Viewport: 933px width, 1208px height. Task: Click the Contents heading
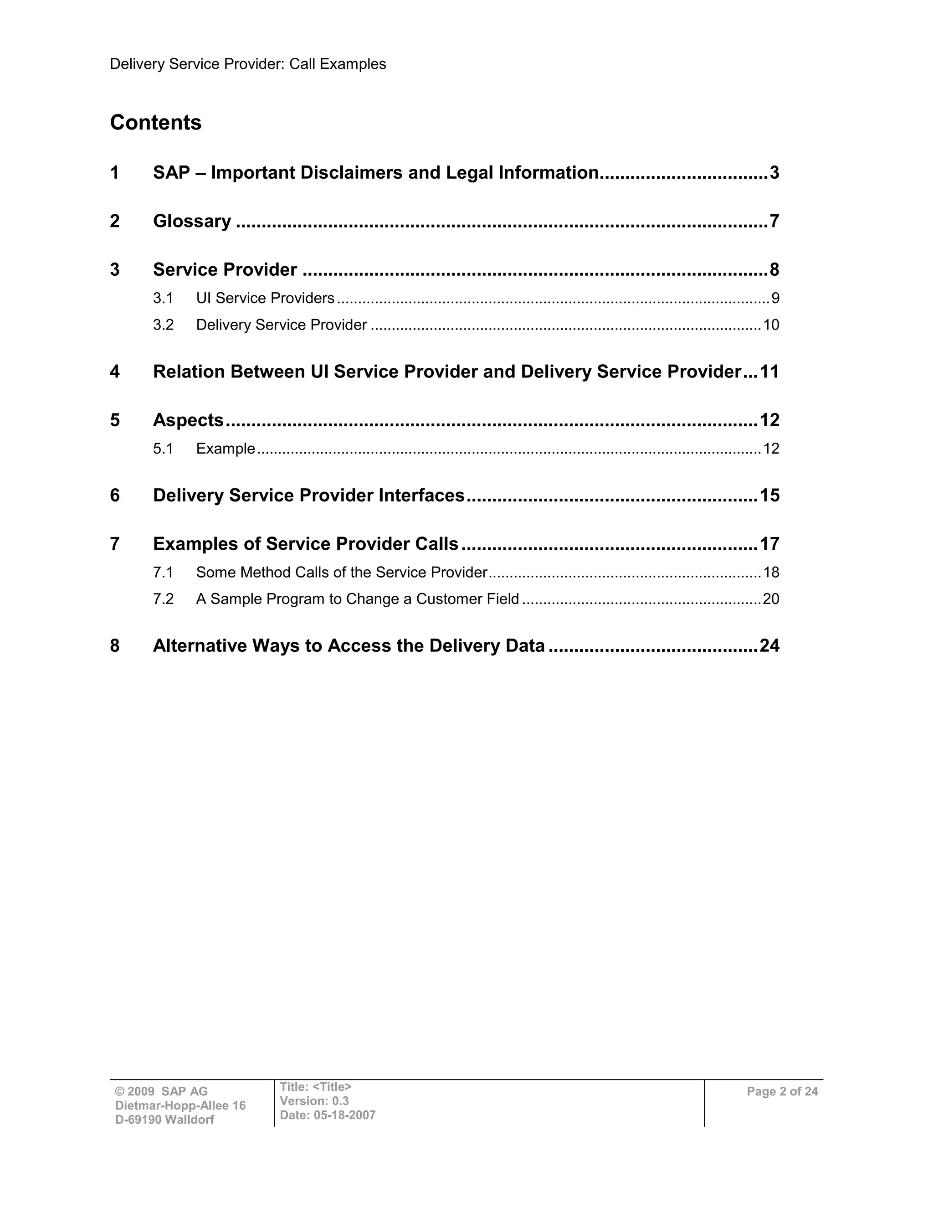pyautogui.click(x=155, y=122)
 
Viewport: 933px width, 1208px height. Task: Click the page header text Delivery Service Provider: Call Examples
pyautogui.click(x=248, y=64)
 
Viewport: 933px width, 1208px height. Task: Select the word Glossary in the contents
pyautogui.click(x=192, y=221)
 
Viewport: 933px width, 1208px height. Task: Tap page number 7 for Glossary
pyautogui.click(x=774, y=221)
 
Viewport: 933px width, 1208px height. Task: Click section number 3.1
pyautogui.click(x=163, y=298)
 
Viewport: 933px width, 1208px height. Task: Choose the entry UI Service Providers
pyautogui.click(x=265, y=298)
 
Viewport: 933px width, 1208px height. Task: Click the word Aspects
pyautogui.click(x=188, y=420)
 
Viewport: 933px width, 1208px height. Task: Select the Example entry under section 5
pyautogui.click(x=226, y=448)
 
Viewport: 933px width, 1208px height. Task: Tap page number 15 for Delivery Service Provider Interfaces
pyautogui.click(x=769, y=495)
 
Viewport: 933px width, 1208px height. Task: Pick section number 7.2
pyautogui.click(x=163, y=599)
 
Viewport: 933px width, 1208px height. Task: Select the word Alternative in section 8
pyautogui.click(x=200, y=645)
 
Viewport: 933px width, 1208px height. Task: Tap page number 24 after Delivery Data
pyautogui.click(x=769, y=645)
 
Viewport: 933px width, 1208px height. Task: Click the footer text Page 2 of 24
pyautogui.click(x=782, y=1091)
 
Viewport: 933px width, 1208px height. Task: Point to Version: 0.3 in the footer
pyautogui.click(x=314, y=1101)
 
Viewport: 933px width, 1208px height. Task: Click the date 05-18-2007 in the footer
pyautogui.click(x=344, y=1115)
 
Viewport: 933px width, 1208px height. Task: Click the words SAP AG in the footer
pyautogui.click(x=185, y=1091)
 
